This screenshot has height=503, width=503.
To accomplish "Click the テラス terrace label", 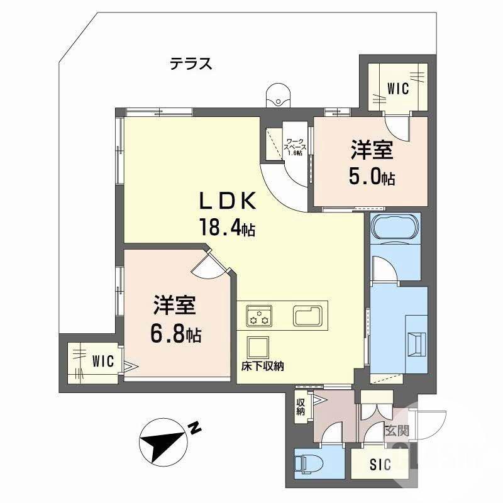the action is click(x=191, y=64).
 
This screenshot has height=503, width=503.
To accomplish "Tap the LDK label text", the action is click(x=228, y=201).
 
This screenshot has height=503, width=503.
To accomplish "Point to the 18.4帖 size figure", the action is click(x=227, y=227).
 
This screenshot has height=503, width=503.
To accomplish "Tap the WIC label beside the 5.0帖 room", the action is click(x=398, y=88).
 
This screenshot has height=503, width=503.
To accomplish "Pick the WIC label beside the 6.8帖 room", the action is click(x=103, y=361).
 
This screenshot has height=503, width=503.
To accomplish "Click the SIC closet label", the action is click(x=380, y=464).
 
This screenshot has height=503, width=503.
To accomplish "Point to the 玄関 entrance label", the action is click(x=397, y=431).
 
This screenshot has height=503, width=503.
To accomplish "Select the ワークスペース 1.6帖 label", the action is click(x=294, y=147).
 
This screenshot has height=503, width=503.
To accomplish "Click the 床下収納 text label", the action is click(x=263, y=366).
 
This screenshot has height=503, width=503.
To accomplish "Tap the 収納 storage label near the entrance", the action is click(x=301, y=406).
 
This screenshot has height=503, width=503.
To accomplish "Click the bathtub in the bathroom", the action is click(x=395, y=226).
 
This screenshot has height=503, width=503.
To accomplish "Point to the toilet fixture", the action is click(x=308, y=463).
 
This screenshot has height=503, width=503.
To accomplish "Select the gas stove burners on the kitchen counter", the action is click(x=259, y=316).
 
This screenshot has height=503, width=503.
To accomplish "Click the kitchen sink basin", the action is click(x=307, y=316).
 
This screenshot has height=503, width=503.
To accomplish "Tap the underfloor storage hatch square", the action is click(x=257, y=348).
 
